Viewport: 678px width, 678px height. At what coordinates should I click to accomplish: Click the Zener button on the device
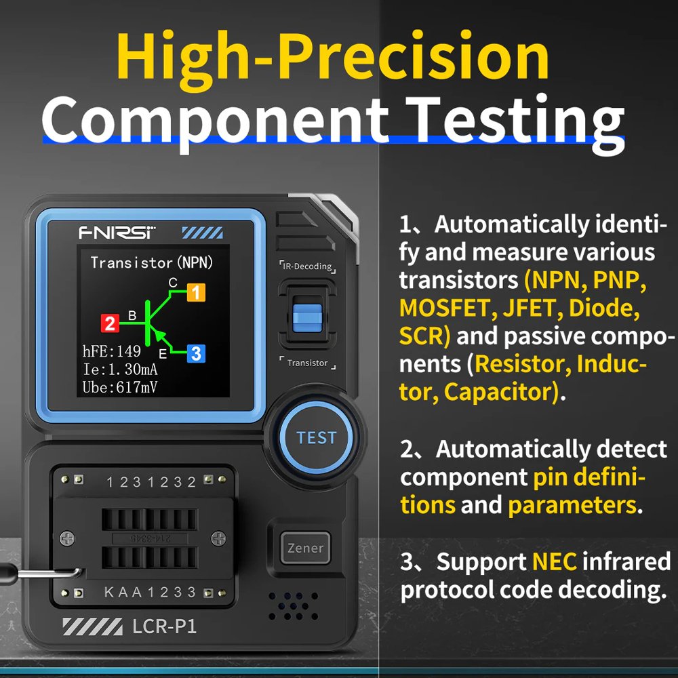(305, 548)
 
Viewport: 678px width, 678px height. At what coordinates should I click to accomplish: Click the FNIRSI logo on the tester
(117, 233)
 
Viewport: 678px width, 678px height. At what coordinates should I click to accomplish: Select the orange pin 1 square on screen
(195, 293)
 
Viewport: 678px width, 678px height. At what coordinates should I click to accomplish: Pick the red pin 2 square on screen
(110, 323)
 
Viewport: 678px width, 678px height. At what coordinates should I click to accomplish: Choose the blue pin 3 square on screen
(195, 353)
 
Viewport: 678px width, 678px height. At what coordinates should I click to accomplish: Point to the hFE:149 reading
(112, 351)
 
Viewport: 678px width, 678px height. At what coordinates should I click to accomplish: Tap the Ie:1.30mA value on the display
(120, 370)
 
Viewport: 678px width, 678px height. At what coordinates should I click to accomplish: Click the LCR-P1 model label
(164, 626)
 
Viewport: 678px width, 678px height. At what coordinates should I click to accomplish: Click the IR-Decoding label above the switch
(307, 266)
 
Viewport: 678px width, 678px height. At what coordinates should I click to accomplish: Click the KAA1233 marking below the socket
(150, 593)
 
